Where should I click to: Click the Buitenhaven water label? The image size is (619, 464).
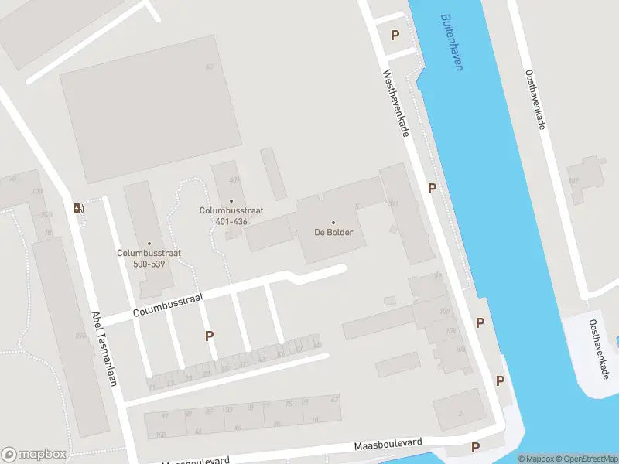451,42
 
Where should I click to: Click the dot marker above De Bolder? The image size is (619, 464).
333,223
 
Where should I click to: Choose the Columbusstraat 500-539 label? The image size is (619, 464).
142,258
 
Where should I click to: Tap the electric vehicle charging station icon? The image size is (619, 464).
77,207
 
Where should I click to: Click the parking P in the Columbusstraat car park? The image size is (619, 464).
209,336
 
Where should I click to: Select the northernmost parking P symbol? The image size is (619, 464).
395,35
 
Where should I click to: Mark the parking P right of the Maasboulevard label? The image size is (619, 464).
475,447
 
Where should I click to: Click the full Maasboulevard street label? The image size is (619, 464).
388,445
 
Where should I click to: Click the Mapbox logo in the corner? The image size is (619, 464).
34,455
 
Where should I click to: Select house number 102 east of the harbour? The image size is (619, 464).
573,181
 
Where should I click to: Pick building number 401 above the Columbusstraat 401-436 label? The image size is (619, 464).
234,180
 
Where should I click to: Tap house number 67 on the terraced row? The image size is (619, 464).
334,399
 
